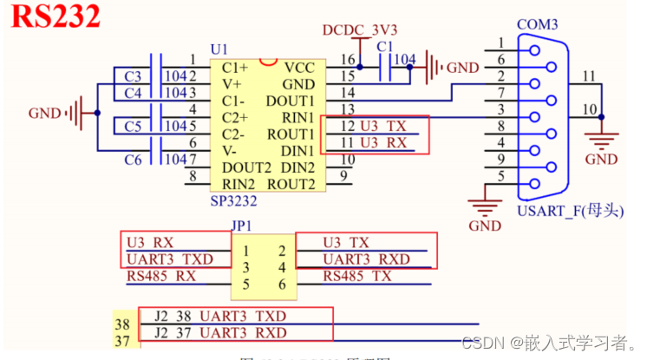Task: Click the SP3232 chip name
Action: pyautogui.click(x=232, y=200)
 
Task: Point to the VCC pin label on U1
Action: pyautogui.click(x=298, y=67)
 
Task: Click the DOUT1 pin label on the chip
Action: pyautogui.click(x=291, y=101)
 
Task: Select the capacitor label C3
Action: pyautogui.click(x=133, y=75)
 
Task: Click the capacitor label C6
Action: pyautogui.click(x=133, y=159)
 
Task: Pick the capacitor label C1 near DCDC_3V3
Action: pyautogui.click(x=386, y=46)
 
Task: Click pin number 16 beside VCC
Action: pyautogui.click(x=348, y=59)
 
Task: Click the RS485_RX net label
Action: pyautogui.click(x=161, y=277)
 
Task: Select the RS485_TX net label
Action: pyautogui.click(x=358, y=277)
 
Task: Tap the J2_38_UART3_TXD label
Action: pyautogui.click(x=231, y=316)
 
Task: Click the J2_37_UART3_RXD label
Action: pyautogui.click(x=231, y=333)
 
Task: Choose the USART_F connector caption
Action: pyautogui.click(x=570, y=209)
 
